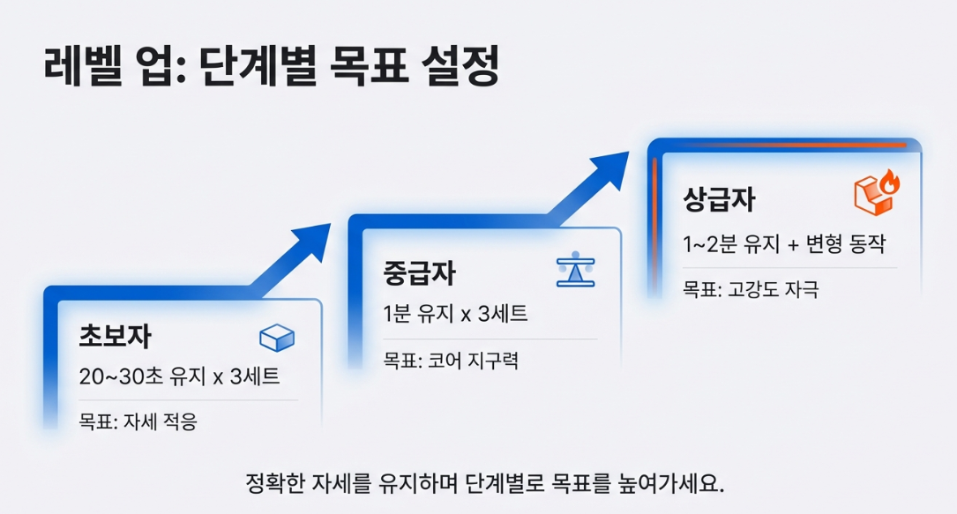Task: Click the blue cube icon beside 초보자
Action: (277, 338)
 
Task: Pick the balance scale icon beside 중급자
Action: (576, 271)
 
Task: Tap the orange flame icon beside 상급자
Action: (877, 192)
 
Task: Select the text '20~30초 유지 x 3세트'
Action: (180, 376)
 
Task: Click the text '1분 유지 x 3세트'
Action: (455, 313)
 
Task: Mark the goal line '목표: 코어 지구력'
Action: (450, 360)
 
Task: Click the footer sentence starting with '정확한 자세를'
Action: (484, 484)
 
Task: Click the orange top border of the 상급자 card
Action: (785, 145)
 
